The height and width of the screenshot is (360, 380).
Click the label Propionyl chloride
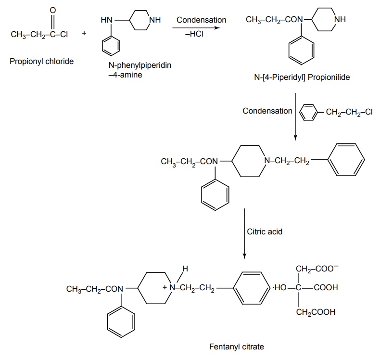point(41,61)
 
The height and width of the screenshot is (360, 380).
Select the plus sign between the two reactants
point(84,34)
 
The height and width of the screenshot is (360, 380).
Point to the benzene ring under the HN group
point(112,47)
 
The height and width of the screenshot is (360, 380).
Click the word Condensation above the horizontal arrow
point(201,20)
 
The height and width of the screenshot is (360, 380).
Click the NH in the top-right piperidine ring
point(340,20)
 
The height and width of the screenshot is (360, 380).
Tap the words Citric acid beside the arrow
point(265,231)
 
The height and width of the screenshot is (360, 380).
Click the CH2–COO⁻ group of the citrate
point(317,270)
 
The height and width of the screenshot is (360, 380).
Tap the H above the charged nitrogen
point(185,268)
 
